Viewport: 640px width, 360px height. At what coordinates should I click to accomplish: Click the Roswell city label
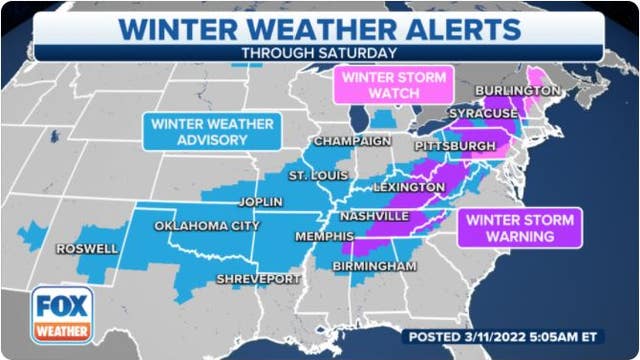click(x=86, y=248)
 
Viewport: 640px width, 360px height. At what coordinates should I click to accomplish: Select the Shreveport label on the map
click(x=258, y=279)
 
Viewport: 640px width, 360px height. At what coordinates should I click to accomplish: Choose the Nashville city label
click(x=373, y=216)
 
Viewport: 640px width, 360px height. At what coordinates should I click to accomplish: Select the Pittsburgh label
click(x=455, y=147)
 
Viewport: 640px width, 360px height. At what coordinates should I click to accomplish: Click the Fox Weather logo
click(x=62, y=315)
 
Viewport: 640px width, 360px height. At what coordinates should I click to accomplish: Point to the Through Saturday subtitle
click(x=319, y=52)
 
